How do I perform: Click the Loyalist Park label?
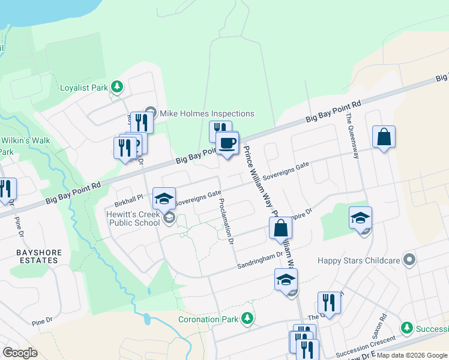tap(84, 88)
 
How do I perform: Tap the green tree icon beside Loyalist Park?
tap(118, 88)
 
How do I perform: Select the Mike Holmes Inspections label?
tap(207, 113)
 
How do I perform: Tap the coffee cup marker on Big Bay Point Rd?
tap(227, 143)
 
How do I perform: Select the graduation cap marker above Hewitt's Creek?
tap(164, 199)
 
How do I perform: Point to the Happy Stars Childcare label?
tap(359, 261)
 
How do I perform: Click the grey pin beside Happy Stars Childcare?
tap(409, 260)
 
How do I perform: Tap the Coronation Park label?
tap(208, 319)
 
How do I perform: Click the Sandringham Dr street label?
tap(259, 255)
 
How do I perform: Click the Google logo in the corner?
tap(20, 353)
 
